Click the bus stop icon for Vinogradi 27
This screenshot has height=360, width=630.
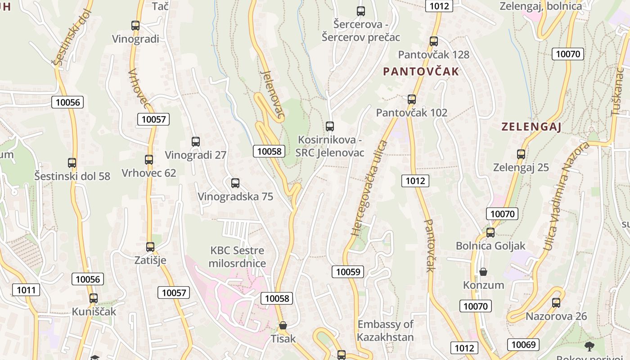[196, 142]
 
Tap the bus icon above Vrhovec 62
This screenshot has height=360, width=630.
[149, 159]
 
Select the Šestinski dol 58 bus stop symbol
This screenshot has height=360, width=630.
[72, 162]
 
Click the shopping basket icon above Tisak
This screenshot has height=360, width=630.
[283, 325]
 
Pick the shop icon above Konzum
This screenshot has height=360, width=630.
[483, 272]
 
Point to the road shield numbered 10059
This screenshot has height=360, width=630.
[348, 271]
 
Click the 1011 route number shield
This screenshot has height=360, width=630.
[26, 290]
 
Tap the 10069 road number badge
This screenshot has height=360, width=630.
[524, 345]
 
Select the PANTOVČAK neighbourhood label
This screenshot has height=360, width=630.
[421, 72]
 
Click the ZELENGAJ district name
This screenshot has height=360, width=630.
[531, 127]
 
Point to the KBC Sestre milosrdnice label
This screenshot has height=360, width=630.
[237, 257]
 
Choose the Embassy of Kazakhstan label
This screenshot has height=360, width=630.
[385, 330]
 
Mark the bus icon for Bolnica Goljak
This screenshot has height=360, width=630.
[490, 233]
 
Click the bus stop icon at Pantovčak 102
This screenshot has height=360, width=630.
[412, 99]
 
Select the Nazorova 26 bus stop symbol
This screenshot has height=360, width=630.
[556, 302]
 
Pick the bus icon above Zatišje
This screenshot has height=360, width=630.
[150, 247]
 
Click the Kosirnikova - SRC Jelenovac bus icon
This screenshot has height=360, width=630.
[330, 126]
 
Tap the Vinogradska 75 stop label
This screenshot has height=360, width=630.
[235, 197]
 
